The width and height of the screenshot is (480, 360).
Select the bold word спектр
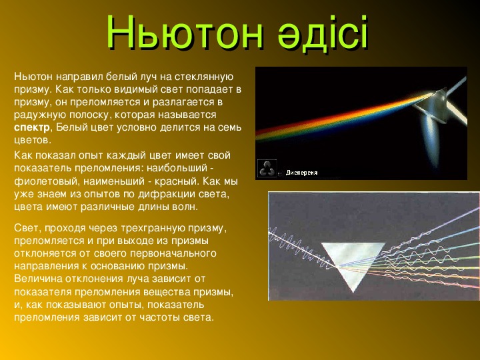pyautogui.click(x=32, y=128)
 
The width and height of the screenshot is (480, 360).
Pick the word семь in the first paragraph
pyautogui.click(x=229, y=127)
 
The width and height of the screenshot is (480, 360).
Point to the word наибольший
pyautogui.click(x=177, y=169)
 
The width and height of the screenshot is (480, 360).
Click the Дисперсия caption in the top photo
pyautogui.click(x=301, y=173)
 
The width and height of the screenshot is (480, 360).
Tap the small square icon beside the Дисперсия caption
pyautogui.click(x=267, y=169)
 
